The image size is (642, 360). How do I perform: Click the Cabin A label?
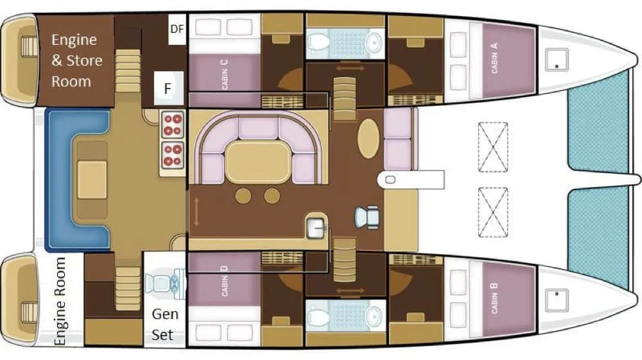(494, 58)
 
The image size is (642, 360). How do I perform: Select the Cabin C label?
(224, 74)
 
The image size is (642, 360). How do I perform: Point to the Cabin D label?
(224, 280)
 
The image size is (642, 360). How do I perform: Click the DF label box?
(177, 29)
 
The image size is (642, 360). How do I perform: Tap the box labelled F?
(168, 88)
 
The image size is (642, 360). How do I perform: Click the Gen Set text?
(164, 325)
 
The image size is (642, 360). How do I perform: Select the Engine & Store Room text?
(76, 60)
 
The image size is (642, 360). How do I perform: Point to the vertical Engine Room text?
(60, 301)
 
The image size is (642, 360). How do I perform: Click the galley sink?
(316, 227)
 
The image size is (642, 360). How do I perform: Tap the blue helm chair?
(367, 217)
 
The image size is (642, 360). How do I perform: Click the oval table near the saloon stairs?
(369, 139)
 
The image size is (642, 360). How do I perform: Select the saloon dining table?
(258, 162)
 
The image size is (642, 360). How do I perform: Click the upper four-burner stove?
(172, 124)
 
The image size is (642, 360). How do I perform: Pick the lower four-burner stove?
(172, 155)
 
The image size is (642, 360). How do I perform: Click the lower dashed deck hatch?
(493, 212)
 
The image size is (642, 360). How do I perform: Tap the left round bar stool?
(243, 196)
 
